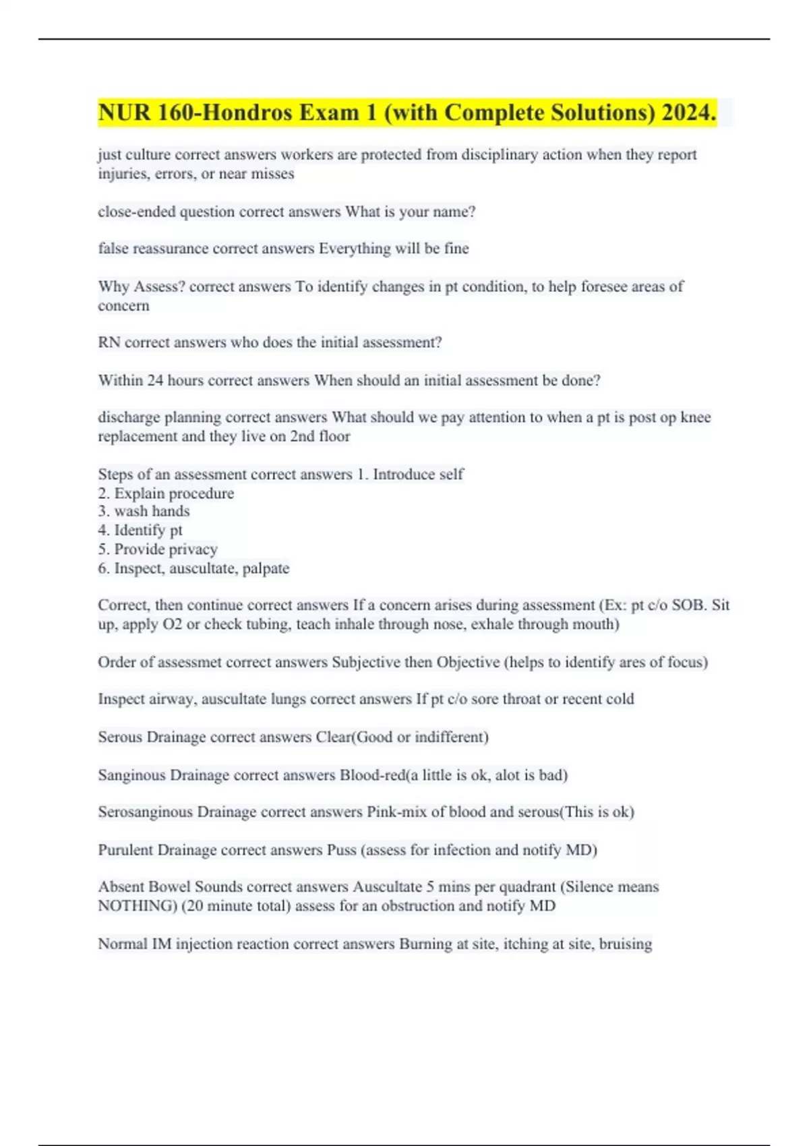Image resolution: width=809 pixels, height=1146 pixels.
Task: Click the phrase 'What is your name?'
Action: [411, 212]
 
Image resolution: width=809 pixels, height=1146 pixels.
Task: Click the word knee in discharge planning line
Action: [696, 417]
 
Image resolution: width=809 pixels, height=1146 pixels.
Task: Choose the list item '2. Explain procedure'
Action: [166, 493]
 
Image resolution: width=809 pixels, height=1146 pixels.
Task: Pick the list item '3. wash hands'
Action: [144, 511]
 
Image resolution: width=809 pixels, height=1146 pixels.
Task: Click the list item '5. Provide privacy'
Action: [158, 549]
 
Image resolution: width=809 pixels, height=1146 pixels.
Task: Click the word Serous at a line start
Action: [120, 737]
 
